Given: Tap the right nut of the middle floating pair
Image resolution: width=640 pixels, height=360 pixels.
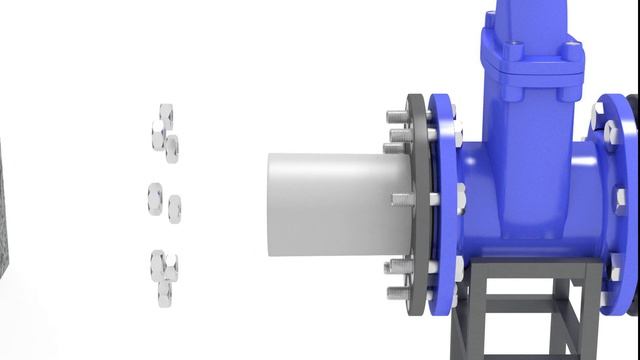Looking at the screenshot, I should click(x=175, y=207).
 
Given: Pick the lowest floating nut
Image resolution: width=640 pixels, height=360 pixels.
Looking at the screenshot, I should click(x=164, y=294).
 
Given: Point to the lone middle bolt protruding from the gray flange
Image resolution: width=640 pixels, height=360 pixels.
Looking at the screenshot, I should click(x=403, y=200).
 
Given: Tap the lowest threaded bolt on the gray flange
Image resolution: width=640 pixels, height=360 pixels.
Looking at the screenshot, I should click(x=397, y=294).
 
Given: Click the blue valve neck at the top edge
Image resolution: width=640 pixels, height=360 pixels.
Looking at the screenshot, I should click(x=520, y=15).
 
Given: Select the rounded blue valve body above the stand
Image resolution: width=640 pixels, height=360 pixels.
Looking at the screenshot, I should click(x=530, y=215).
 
